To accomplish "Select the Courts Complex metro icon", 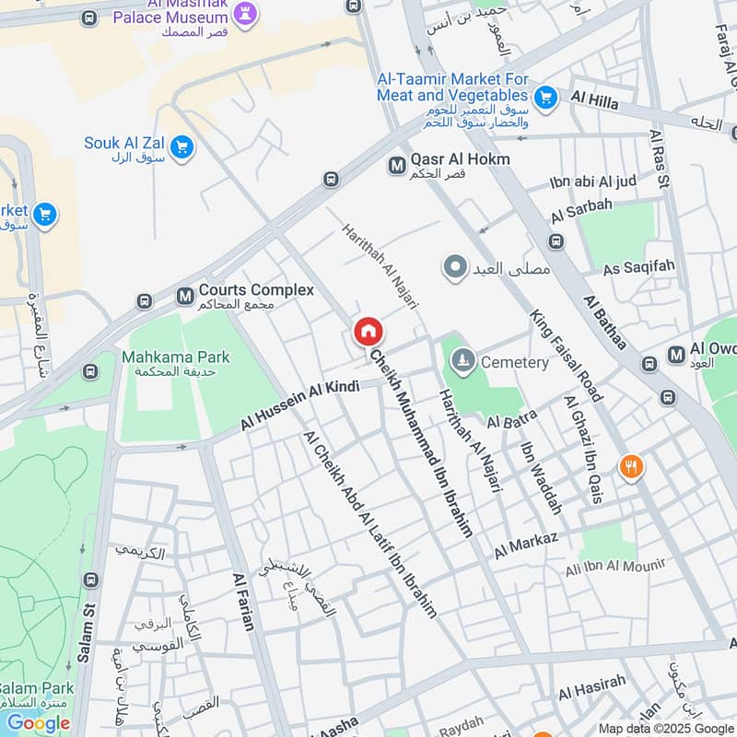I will click(x=185, y=296).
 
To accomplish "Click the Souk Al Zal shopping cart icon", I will click(x=181, y=146).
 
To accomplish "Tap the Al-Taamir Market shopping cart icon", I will click(x=545, y=96).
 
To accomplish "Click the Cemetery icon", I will click(x=464, y=361).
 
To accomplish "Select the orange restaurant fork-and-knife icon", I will click(x=631, y=467).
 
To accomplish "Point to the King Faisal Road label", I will click(x=566, y=355).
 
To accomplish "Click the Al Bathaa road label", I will click(x=604, y=322).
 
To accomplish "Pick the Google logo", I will click(x=39, y=723).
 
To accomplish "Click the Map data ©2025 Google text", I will click(x=665, y=728).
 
